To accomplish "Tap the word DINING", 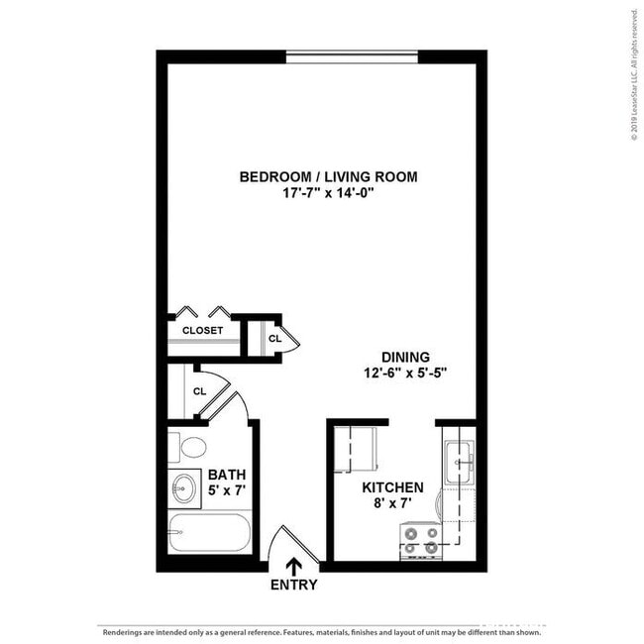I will tap(405, 358).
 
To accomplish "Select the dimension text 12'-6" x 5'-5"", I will tap(405, 375).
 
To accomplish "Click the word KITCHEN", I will tap(392, 487).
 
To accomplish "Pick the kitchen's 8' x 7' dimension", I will tap(392, 504).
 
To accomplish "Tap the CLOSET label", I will tap(202, 331).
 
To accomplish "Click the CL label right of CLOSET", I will tap(274, 339).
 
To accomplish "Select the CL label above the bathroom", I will tap(199, 391).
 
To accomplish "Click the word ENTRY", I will tap(294, 585).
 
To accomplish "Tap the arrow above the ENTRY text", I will tap(294, 566).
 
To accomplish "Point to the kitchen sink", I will tap(459, 457).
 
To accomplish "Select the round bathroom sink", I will tap(183, 487).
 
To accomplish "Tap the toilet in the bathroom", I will tap(191, 447).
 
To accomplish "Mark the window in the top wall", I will tap(352, 56).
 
